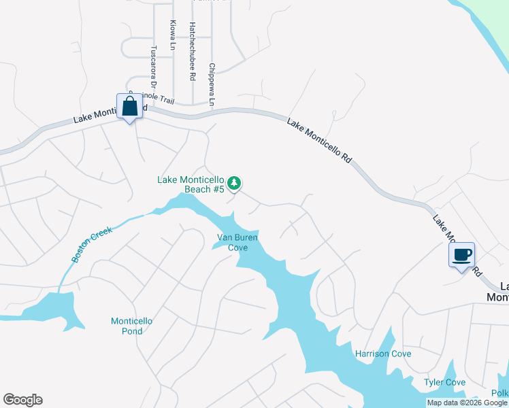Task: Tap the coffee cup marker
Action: point(461,256)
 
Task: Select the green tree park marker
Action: point(234,183)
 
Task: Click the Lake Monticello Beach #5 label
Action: point(191,184)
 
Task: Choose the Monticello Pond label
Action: point(127,326)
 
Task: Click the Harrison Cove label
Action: point(383,354)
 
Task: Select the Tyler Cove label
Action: point(445,382)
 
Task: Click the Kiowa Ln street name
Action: point(172,35)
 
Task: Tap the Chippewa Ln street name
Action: point(212,86)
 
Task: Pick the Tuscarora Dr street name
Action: point(153,67)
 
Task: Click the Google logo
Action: point(22,400)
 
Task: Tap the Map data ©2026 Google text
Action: point(467,403)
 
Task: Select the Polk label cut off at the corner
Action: point(500,394)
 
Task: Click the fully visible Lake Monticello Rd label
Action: point(319,141)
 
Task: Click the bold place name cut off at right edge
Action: point(498,292)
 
